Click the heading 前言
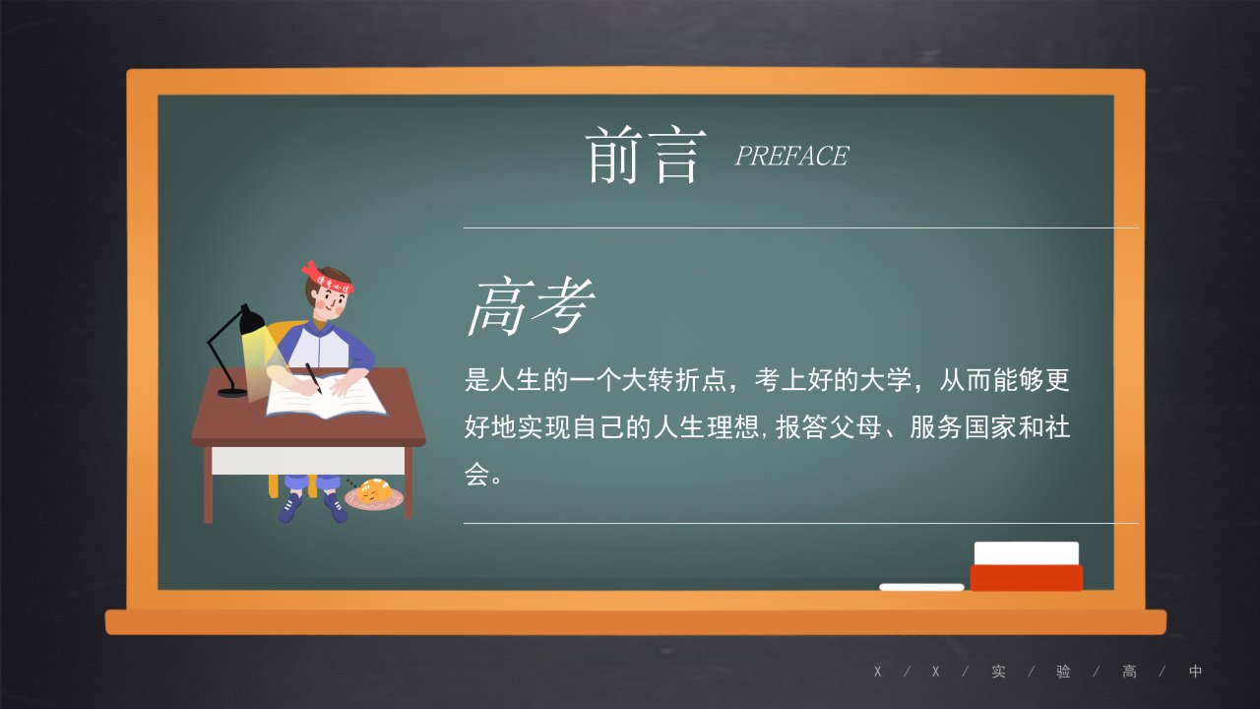pos(645,155)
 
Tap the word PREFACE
pos(791,156)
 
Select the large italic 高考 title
pos(531,305)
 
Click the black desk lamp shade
pos(251,321)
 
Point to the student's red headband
pos(328,279)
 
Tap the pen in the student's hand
pos(313,378)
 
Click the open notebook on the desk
pos(326,397)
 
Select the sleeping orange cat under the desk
pos(372,491)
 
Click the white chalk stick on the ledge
pos(921,587)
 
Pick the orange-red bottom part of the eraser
pos(1027,578)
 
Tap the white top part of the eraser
pos(1027,553)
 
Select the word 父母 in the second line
pos(855,427)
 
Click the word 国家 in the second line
pos(990,427)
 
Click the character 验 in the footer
pos(1063,672)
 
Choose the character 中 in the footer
pos(1195,672)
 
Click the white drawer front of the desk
pos(308,461)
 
